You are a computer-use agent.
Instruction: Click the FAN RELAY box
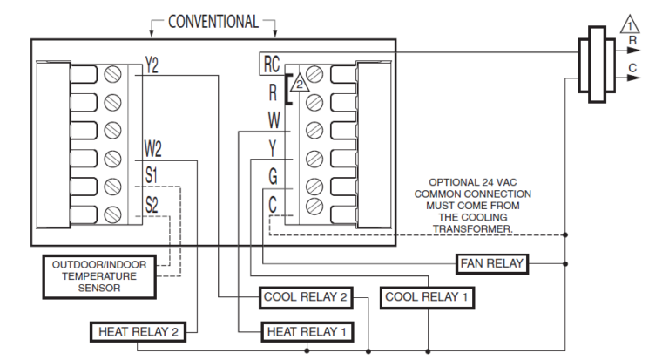[491, 262]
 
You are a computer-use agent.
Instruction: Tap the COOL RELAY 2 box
[306, 297]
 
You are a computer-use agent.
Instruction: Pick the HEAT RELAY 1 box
[307, 331]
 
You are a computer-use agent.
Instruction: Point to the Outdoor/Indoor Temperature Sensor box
[98, 275]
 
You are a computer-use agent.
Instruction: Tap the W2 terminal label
[152, 148]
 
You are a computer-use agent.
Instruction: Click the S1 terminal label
[152, 176]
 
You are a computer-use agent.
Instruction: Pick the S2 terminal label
[152, 205]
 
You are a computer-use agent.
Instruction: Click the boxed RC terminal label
[270, 65]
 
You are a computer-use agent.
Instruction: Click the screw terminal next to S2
[112, 214]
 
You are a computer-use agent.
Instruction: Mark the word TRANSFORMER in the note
[472, 229]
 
